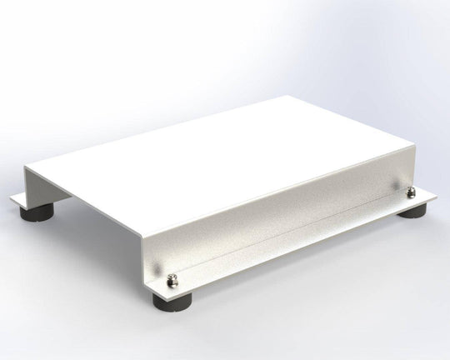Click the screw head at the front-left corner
(x=173, y=280)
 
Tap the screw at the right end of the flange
(x=411, y=192)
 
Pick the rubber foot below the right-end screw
(x=412, y=209)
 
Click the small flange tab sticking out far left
(x=17, y=199)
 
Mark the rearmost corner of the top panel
(x=289, y=96)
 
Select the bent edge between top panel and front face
(x=275, y=196)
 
